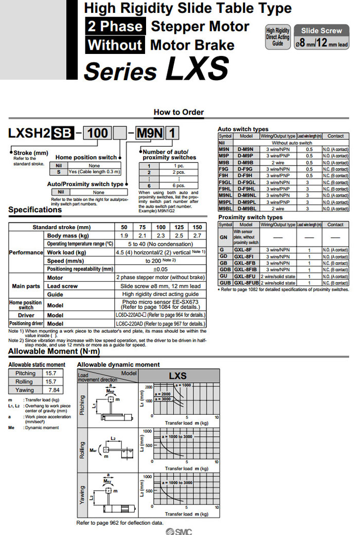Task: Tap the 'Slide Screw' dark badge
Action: point(321,31)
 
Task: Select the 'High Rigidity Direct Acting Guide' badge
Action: point(278,37)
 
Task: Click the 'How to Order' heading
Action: point(179,112)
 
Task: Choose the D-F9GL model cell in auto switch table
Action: point(246,182)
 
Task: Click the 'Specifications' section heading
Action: point(35,210)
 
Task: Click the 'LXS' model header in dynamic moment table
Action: point(177,376)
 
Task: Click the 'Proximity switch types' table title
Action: point(250,217)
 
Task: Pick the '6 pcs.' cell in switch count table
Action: point(178,186)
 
